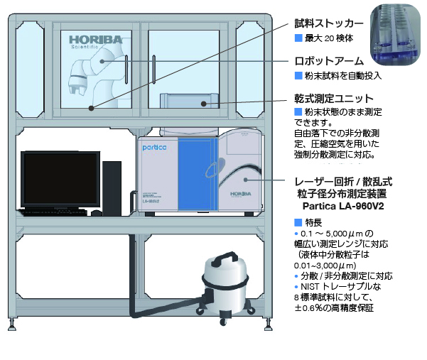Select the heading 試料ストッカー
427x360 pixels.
coord(328,23)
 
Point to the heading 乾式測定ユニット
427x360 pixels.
coord(334,97)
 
